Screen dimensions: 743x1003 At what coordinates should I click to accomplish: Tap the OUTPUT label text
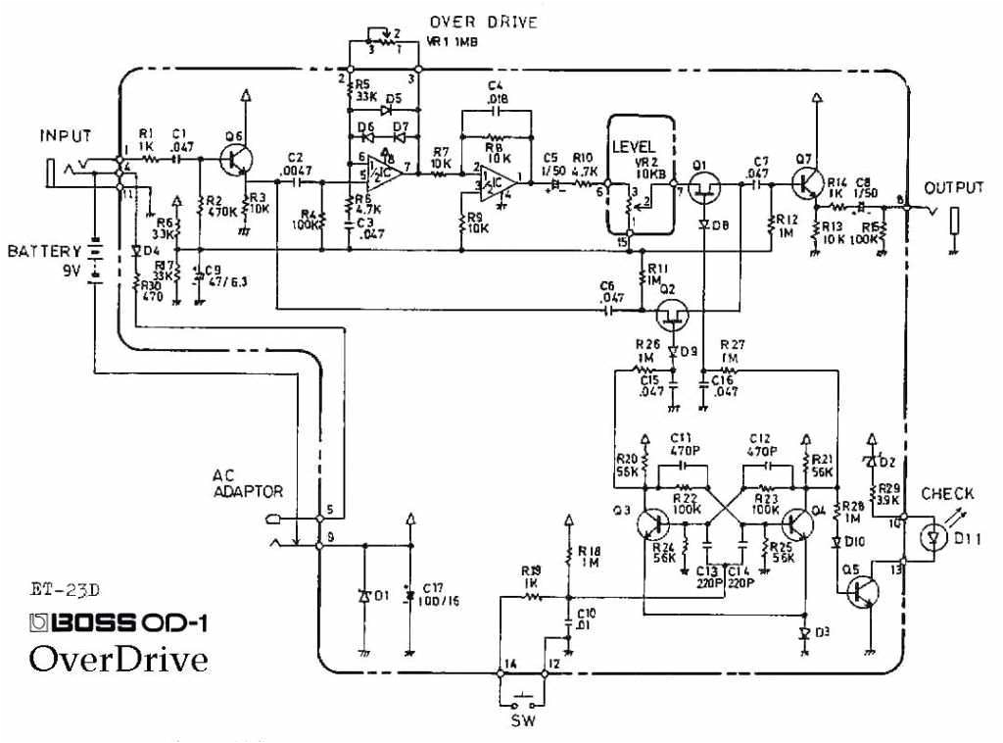coord(952,187)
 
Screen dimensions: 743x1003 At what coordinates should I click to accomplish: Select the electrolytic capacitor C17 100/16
coord(408,595)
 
